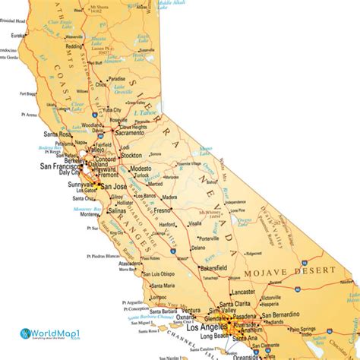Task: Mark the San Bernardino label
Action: (x=279, y=314)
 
